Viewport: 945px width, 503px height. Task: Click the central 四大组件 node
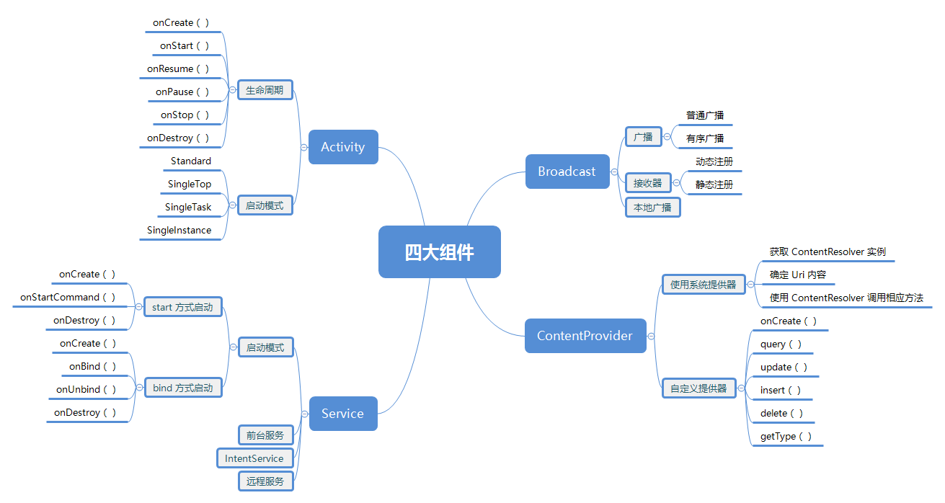pos(439,252)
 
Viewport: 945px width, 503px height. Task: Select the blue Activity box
pos(343,147)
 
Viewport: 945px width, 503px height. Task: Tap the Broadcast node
pos(567,172)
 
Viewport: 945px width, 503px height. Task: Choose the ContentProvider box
pos(585,336)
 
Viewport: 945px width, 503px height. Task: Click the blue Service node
pos(342,414)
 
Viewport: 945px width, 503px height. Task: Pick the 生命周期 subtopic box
pos(265,91)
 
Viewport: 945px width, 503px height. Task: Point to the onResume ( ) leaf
pos(178,69)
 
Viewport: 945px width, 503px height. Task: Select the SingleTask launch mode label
pos(188,208)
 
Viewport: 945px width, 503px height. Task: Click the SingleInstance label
pos(179,231)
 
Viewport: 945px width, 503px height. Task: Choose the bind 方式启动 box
pos(182,388)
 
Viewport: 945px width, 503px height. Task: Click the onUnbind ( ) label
pos(86,390)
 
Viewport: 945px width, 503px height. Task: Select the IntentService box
pos(254,458)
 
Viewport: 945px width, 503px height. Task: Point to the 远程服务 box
pos(265,481)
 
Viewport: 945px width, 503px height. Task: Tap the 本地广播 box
pos(652,208)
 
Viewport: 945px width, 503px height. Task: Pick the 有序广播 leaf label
pos(705,138)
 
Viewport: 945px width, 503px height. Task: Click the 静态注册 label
pos(714,184)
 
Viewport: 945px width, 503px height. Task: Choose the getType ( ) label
pos(786,437)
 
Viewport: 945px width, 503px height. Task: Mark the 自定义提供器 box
pos(698,388)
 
